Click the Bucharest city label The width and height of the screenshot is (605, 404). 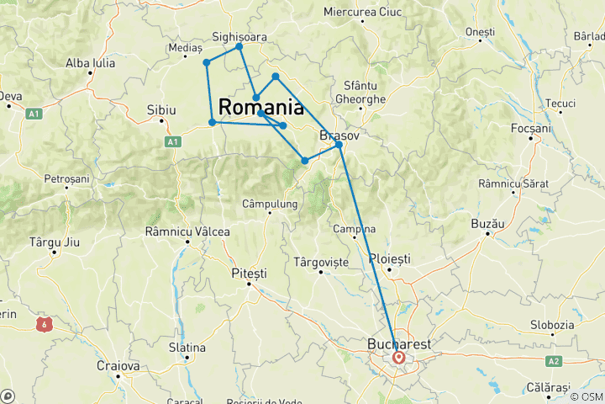tap(399, 344)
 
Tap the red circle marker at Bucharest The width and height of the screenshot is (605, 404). tap(399, 358)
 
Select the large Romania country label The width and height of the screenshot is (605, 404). tap(261, 108)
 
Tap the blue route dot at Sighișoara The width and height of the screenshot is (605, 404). tap(239, 46)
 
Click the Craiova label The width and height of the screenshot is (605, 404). tap(118, 366)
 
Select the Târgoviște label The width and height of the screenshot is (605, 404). tap(321, 263)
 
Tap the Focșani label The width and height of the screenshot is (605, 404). tap(530, 128)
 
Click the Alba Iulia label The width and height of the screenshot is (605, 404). tap(91, 62)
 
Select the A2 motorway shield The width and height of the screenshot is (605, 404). tap(553, 360)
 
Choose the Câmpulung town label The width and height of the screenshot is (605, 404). tap(270, 204)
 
